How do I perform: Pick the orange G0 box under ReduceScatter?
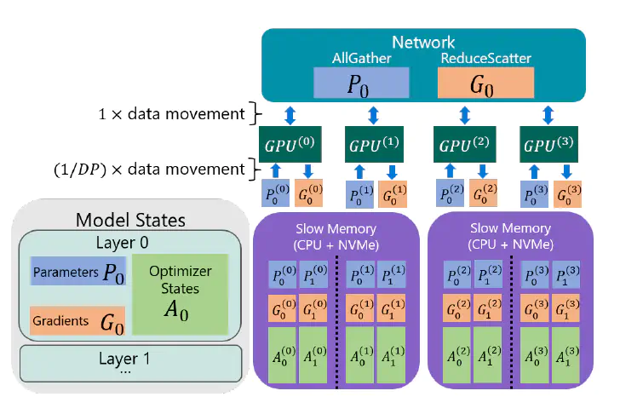click(x=485, y=83)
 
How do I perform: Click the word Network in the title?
click(x=423, y=42)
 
